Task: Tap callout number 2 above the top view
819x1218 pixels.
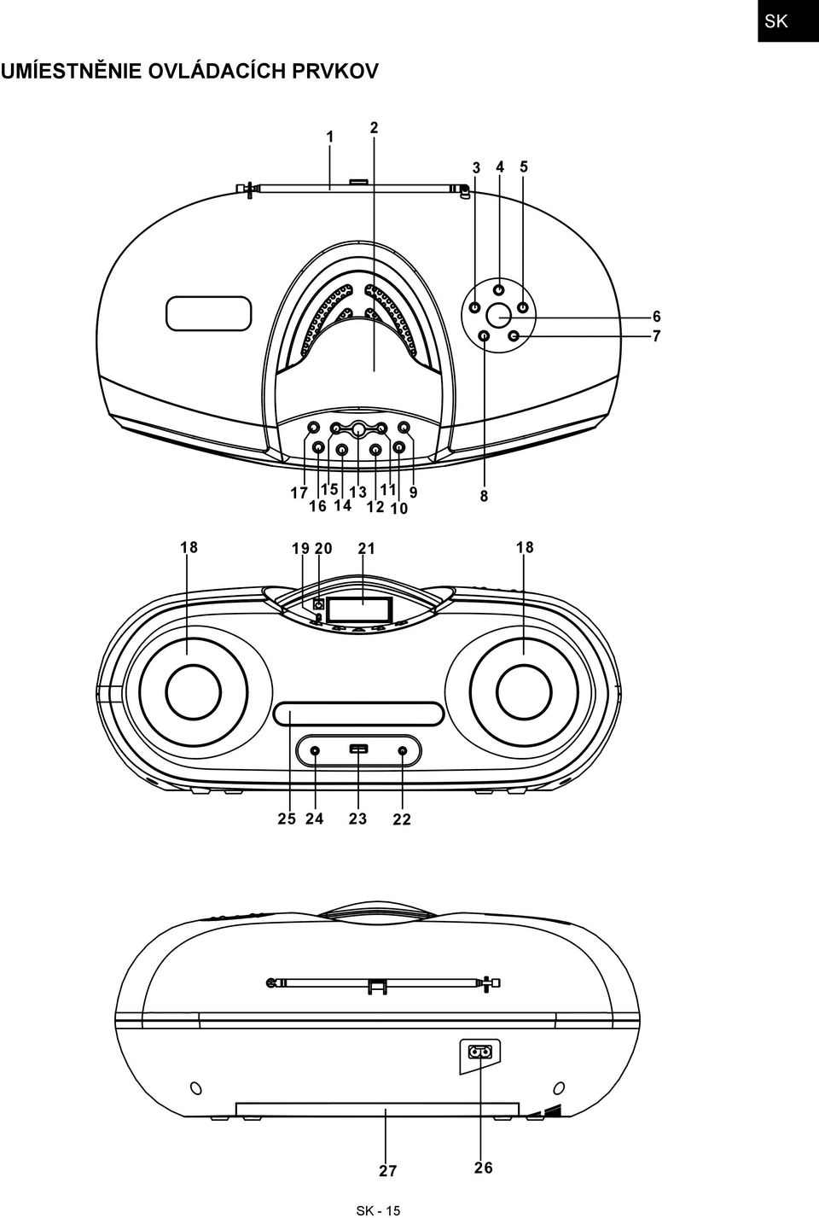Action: click(374, 128)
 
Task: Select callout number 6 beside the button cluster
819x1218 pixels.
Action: click(657, 316)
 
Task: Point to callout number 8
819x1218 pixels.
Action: click(484, 496)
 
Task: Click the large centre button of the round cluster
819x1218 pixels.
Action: click(498, 314)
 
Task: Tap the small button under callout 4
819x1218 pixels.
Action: click(499, 289)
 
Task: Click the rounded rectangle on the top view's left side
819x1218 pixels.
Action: click(209, 313)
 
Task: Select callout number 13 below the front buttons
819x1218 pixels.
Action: click(358, 492)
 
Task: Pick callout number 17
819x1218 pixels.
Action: click(299, 493)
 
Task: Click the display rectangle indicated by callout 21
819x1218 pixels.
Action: click(358, 609)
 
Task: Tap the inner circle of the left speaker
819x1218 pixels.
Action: click(194, 692)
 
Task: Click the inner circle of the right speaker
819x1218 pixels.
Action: click(524, 692)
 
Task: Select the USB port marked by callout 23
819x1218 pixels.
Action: click(358, 749)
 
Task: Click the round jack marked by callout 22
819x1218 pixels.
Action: click(402, 751)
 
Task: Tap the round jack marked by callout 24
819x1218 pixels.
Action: click(315, 751)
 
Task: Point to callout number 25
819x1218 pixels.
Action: click(287, 819)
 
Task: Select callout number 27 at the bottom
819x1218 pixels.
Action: click(388, 1170)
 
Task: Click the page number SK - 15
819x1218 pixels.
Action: click(378, 1210)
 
